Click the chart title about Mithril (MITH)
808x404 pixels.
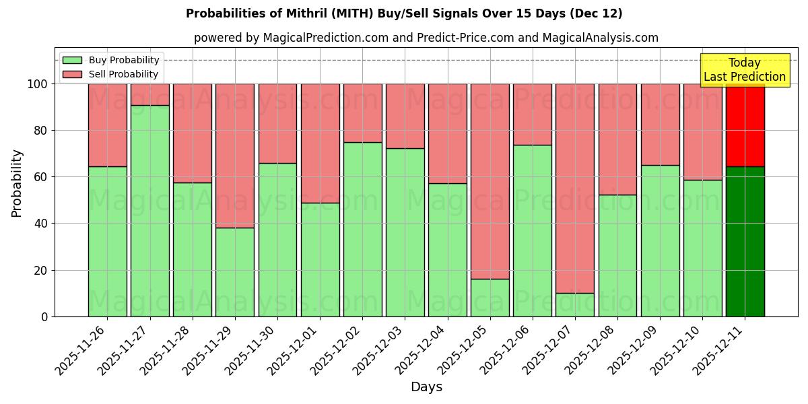404,13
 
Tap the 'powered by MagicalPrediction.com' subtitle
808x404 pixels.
426,38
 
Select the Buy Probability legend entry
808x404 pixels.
110,60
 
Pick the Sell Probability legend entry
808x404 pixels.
110,74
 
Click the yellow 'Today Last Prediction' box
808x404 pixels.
744,70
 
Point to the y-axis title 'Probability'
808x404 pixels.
17,182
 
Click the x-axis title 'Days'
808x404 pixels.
426,387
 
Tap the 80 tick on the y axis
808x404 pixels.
42,131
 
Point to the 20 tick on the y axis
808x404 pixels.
42,270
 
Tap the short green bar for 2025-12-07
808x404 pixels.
575,304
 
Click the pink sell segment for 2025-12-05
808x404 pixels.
490,181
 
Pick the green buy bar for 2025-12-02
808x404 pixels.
363,229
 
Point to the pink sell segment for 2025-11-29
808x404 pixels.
235,156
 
